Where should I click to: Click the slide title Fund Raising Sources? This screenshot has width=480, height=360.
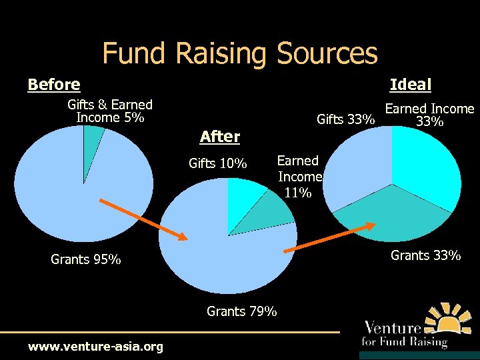240,53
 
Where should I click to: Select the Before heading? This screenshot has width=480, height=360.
54,85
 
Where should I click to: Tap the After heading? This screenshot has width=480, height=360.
219,137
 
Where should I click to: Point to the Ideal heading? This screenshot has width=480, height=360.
411,85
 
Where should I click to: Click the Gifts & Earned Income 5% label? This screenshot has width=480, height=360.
110,111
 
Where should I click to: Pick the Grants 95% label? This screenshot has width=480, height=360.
86,259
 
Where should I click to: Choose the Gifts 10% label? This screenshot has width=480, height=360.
218,163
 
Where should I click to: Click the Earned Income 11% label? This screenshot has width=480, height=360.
299,177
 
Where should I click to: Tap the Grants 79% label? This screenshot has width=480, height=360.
242,311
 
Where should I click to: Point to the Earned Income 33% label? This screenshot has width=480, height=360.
429,115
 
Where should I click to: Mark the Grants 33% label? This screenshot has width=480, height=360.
425,255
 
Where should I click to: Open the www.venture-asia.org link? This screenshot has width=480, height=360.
95,347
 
